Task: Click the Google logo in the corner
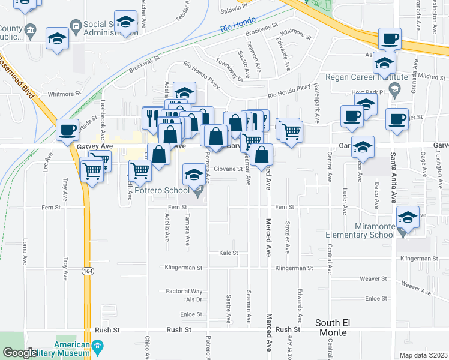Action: [x=20, y=353]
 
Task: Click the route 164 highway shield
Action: [x=88, y=271]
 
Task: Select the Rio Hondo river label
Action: [x=234, y=27]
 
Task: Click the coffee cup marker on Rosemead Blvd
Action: [x=68, y=129]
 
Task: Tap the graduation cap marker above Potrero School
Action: [x=193, y=175]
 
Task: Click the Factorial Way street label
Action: [x=184, y=292]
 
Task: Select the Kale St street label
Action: [x=228, y=253]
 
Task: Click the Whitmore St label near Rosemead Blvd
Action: [x=64, y=94]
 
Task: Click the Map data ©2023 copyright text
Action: [x=423, y=355]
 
